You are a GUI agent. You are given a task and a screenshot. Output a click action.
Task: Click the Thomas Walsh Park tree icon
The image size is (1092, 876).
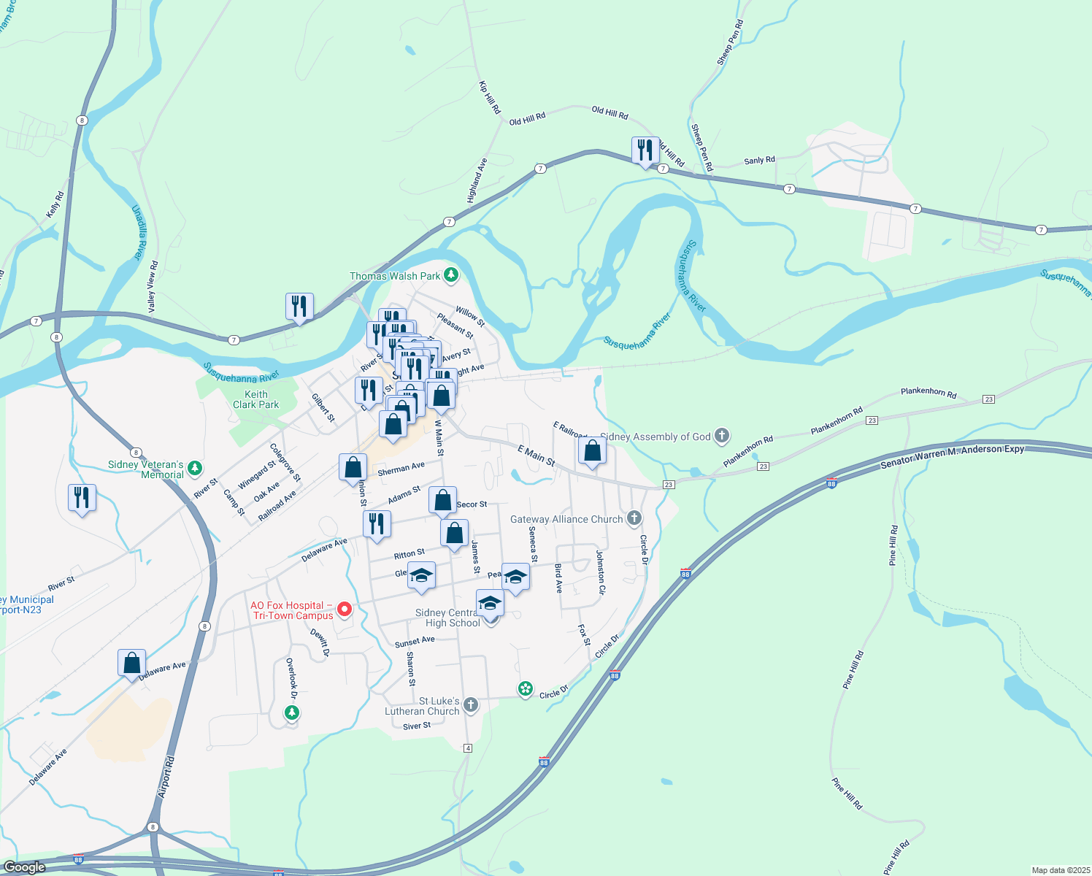pyautogui.click(x=452, y=275)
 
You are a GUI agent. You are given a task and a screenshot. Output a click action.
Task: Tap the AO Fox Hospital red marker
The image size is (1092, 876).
pyautogui.click(x=345, y=609)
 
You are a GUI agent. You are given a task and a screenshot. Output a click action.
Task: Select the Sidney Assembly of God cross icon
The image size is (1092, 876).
pyautogui.click(x=722, y=437)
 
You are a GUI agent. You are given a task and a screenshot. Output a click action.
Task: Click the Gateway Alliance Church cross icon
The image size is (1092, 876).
pyautogui.click(x=634, y=518)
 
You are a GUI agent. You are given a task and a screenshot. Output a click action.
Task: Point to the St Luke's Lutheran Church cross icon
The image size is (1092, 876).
pyautogui.click(x=471, y=705)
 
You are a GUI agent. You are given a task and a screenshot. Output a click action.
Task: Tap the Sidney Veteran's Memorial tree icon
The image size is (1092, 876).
pyautogui.click(x=194, y=468)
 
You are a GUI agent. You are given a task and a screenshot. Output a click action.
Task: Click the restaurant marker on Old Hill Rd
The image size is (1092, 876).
pyautogui.click(x=645, y=151)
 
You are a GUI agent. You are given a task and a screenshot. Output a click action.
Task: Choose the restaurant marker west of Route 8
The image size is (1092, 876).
pyautogui.click(x=82, y=499)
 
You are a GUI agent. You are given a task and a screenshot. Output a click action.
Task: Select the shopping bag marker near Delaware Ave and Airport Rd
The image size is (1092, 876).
pyautogui.click(x=131, y=664)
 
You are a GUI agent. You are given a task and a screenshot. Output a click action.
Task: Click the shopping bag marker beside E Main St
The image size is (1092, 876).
pyautogui.click(x=593, y=451)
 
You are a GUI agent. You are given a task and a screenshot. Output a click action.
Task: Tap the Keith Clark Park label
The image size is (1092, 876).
pyautogui.click(x=255, y=399)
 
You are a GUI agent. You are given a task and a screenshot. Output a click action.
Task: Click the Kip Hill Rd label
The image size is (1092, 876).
pyautogui.click(x=490, y=97)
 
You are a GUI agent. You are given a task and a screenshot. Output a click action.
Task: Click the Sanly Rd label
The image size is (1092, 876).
pyautogui.click(x=759, y=161)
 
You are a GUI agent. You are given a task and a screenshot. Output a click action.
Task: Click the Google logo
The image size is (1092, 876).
pyautogui.click(x=24, y=867)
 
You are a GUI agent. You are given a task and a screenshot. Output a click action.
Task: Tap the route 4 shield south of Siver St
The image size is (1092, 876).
pyautogui.click(x=468, y=748)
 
